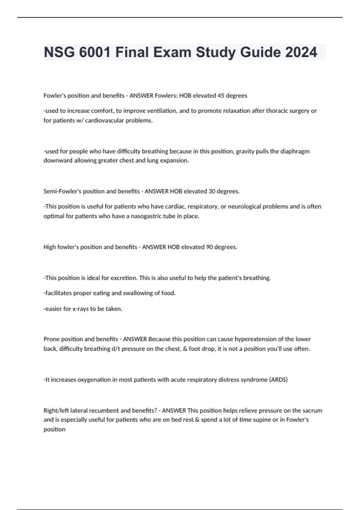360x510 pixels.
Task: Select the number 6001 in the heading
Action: (x=95, y=52)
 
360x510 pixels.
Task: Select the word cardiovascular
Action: (x=104, y=121)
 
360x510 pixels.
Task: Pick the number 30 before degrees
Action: (x=211, y=191)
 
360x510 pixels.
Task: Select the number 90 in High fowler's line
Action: (x=209, y=247)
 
